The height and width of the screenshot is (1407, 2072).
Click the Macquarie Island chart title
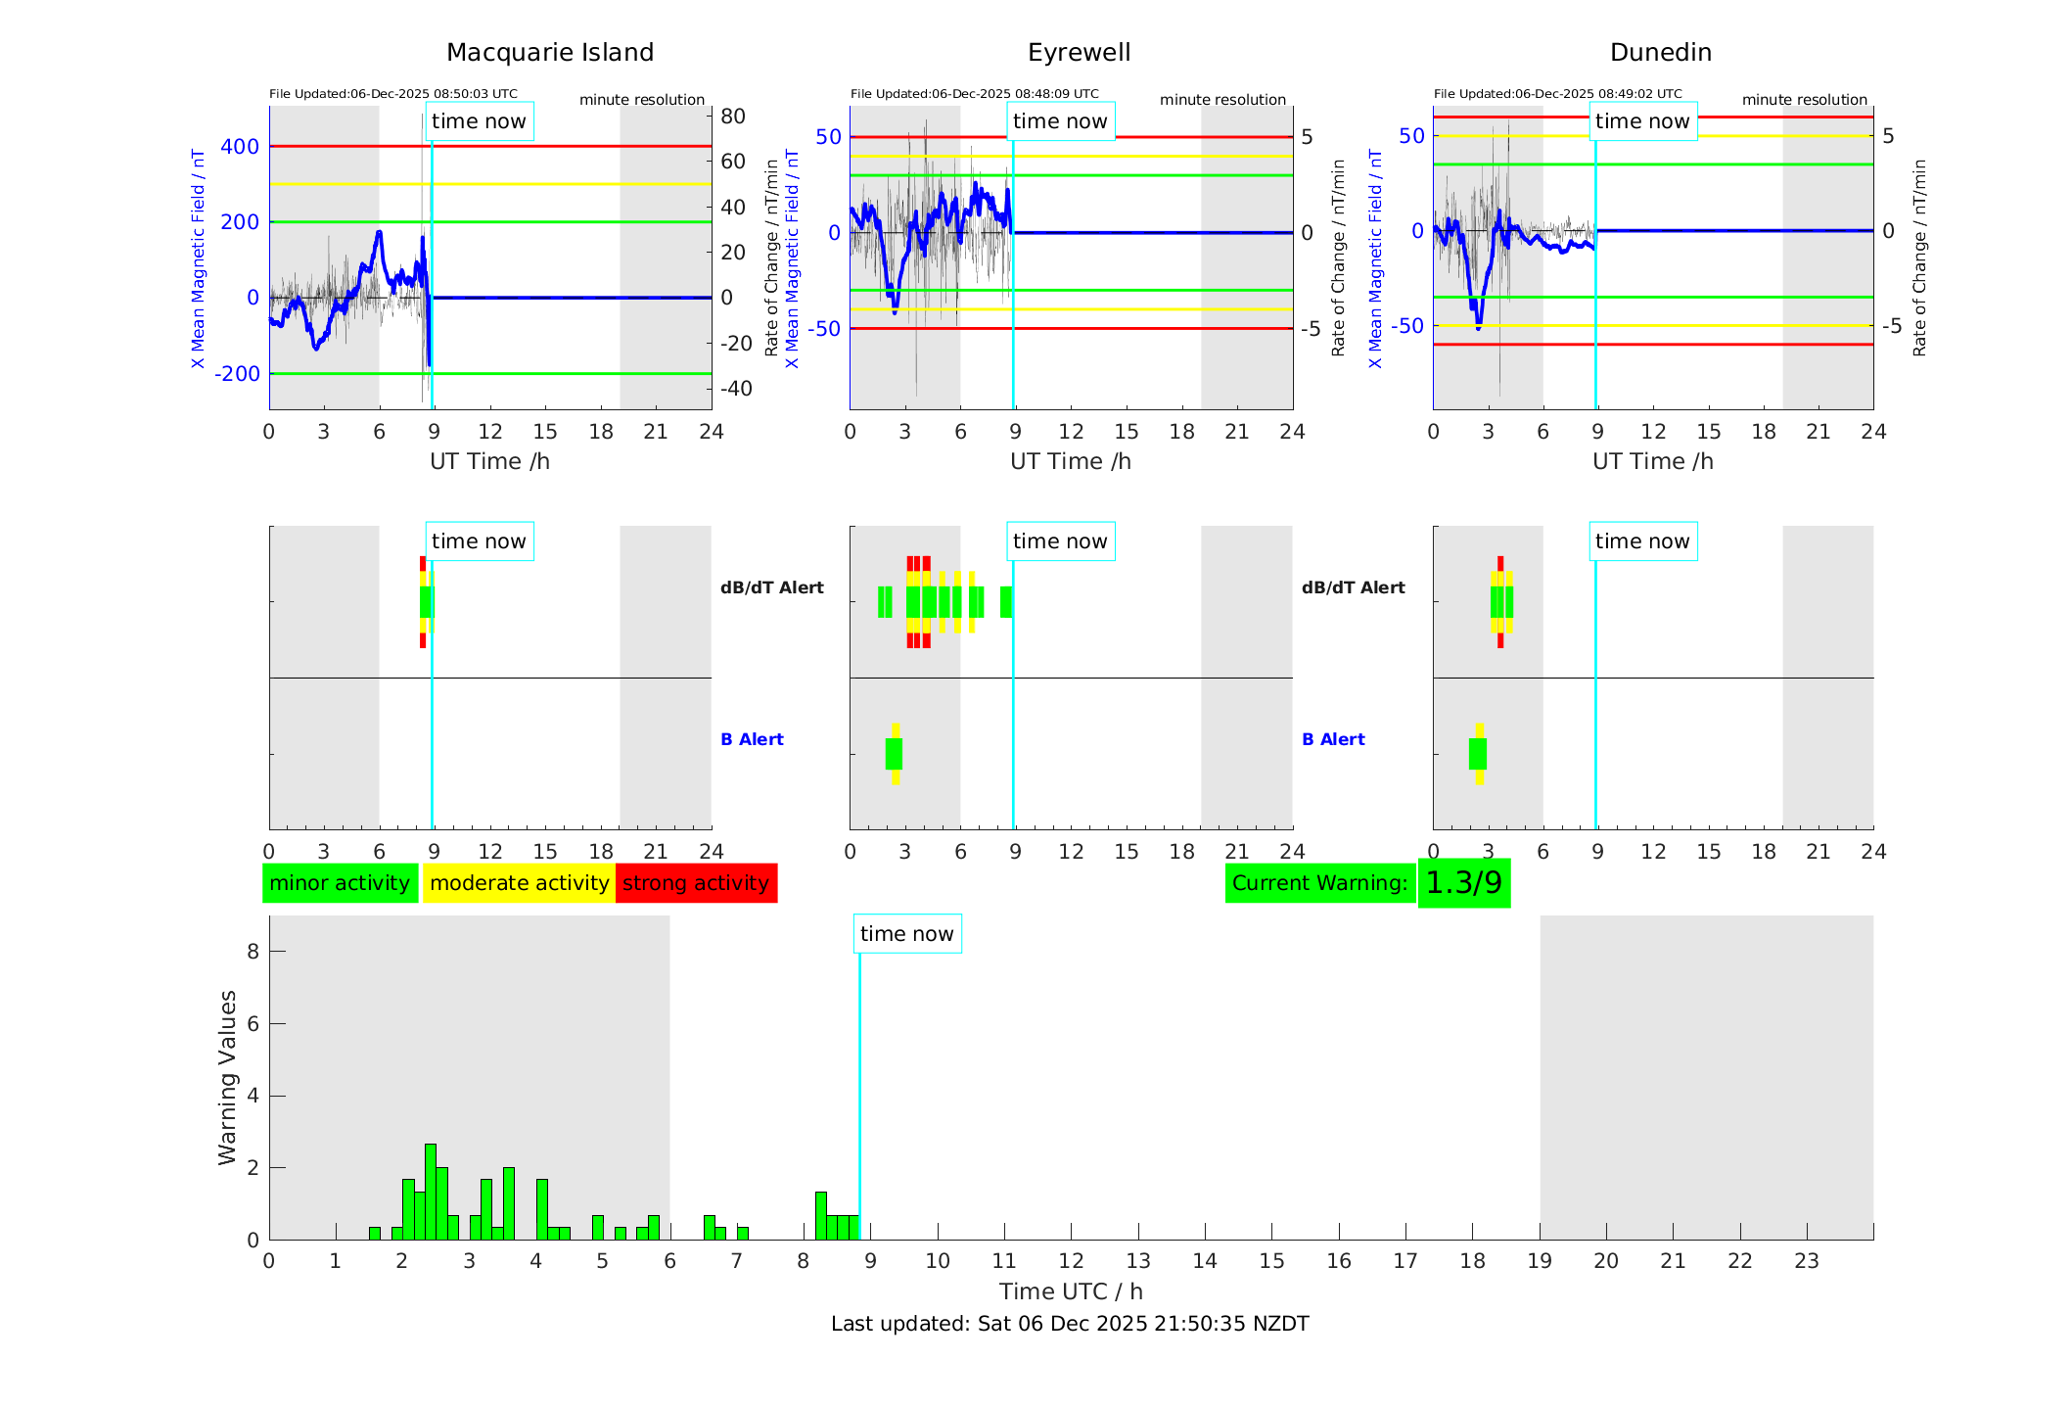[550, 53]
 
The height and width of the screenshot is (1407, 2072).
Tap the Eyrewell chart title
[1079, 53]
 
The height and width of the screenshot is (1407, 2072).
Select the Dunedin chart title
[1660, 53]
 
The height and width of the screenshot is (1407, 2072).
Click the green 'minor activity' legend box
[340, 883]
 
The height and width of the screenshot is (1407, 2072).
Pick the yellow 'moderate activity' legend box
[519, 883]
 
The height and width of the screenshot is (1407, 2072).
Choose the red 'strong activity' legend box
[696, 883]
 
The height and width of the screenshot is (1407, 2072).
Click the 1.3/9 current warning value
[1463, 883]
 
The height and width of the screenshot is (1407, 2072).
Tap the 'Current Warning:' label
[1319, 883]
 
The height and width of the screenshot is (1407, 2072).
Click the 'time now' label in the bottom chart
[906, 934]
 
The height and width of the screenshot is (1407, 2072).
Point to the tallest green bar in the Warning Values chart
[431, 1191]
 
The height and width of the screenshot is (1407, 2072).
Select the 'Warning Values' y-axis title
[228, 1077]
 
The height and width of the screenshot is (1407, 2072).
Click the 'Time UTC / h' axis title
[1071, 1291]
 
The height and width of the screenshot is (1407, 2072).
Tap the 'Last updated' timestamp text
[1070, 1324]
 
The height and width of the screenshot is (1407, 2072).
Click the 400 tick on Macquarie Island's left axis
[240, 147]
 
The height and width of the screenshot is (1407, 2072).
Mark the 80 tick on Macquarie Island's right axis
[733, 117]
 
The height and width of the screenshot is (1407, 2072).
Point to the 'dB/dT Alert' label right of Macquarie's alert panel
[772, 587]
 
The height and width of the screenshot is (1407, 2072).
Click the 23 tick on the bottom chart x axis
[1807, 1261]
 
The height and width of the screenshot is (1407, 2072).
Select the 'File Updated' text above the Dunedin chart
[1557, 94]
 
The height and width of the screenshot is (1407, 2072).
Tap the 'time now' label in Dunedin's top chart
[1642, 121]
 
